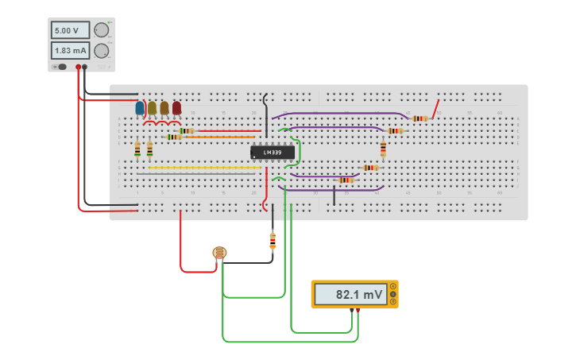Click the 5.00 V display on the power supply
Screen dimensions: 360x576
tap(69, 30)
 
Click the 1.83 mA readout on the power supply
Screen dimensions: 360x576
tap(69, 51)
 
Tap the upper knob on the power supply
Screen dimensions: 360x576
tap(101, 30)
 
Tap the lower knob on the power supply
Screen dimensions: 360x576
tap(101, 51)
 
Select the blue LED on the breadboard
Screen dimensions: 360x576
tap(140, 107)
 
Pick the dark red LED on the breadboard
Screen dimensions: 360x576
tap(176, 107)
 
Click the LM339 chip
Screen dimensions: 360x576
tap(272, 152)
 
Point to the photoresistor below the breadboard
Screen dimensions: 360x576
tap(219, 253)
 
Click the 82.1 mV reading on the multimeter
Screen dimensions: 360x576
tap(350, 294)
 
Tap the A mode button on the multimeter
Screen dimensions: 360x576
tap(392, 286)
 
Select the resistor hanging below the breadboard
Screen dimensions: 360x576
tap(273, 239)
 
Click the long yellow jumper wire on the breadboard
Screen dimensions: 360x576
tap(199, 168)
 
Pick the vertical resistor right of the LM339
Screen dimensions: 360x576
tap(383, 149)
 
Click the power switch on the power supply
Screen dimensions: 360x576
tap(60, 67)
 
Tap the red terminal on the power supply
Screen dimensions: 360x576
tap(78, 68)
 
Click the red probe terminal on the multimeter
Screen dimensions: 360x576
tap(358, 310)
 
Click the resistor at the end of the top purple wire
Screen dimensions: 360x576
tap(419, 118)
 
